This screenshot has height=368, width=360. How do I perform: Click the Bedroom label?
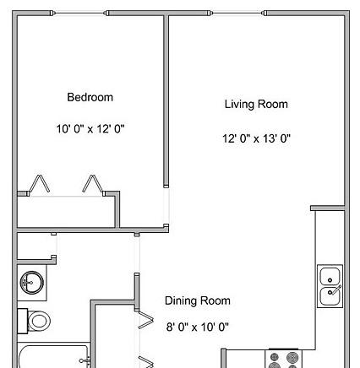(90, 97)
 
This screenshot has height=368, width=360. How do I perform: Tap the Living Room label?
(256, 105)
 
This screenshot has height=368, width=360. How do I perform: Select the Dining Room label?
(198, 300)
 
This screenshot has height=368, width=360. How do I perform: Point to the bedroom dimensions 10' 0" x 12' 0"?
(90, 129)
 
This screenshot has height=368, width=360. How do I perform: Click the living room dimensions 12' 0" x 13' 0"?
(256, 138)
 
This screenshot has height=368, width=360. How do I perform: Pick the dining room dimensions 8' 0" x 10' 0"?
(198, 327)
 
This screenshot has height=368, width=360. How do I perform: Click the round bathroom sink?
(32, 283)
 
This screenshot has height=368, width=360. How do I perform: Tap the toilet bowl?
(39, 321)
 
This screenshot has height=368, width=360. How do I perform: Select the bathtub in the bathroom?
(53, 357)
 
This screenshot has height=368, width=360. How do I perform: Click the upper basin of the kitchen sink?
(330, 276)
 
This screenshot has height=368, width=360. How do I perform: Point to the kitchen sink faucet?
(335, 290)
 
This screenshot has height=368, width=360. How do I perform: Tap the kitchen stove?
(283, 359)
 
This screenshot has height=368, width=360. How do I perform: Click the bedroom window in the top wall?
(79, 13)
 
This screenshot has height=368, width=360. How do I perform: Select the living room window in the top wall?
(237, 13)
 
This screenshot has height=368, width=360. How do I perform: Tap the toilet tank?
(23, 321)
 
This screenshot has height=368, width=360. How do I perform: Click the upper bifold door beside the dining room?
(145, 319)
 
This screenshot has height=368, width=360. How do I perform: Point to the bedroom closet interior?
(66, 212)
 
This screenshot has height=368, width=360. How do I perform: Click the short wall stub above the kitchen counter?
(328, 208)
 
